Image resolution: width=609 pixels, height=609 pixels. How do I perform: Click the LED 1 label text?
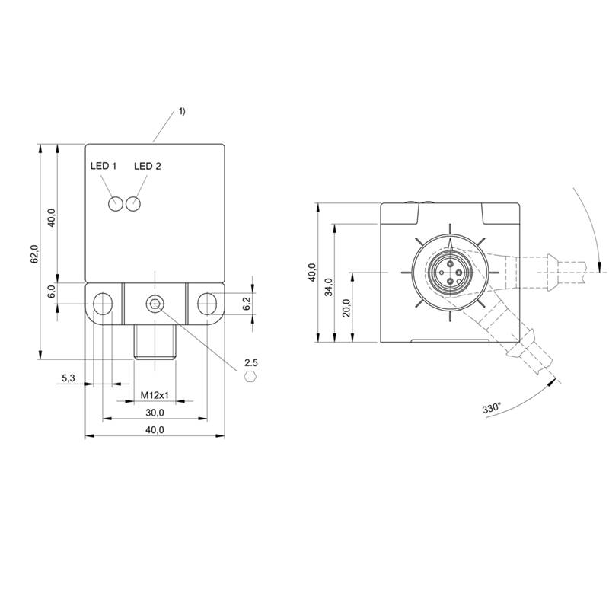(104, 166)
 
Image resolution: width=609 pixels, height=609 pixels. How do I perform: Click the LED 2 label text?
(147, 166)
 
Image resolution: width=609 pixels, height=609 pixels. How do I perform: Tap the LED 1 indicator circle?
(116, 204)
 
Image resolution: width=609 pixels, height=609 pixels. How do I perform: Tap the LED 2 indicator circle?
(132, 204)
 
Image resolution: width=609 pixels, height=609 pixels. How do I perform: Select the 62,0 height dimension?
(34, 254)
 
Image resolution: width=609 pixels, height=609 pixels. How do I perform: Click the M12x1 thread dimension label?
(155, 395)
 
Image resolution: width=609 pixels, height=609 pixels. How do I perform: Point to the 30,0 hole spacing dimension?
(155, 413)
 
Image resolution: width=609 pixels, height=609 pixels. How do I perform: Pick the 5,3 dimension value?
(69, 378)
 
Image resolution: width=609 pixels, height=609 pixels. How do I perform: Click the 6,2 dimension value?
(247, 303)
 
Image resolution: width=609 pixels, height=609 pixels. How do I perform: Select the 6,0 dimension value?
(52, 291)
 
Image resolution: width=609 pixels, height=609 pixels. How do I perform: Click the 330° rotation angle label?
(492, 408)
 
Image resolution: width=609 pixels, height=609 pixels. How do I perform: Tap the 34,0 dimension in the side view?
(329, 287)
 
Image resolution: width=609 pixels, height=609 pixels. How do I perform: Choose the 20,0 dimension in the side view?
(346, 308)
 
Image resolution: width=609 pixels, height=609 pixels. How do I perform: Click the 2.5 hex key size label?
(251, 363)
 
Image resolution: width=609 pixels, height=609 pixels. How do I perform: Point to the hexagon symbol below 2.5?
(250, 377)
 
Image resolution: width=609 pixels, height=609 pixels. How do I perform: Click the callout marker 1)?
(182, 111)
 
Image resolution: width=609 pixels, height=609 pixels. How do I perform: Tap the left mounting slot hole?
(103, 304)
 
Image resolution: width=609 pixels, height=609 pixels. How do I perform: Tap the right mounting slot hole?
(207, 304)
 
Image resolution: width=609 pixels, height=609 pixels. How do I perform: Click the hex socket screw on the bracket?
(155, 304)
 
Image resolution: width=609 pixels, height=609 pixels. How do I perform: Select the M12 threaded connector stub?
(155, 342)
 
